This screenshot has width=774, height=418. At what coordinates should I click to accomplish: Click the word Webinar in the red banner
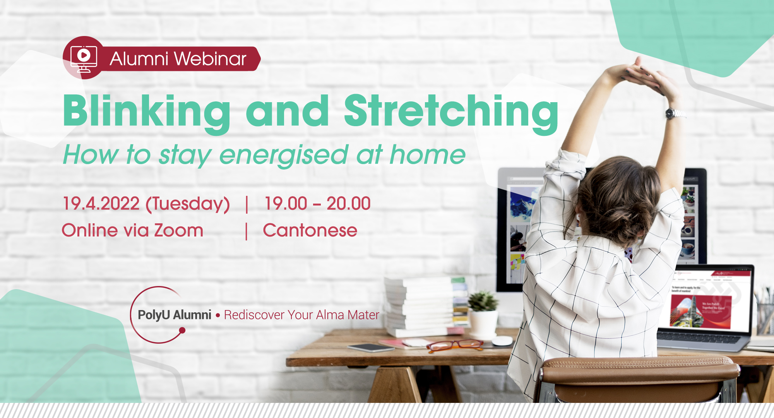tap(210, 59)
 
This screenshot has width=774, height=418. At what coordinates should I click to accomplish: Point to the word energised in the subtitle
tap(284, 155)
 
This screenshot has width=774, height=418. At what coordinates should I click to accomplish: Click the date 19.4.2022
tap(101, 204)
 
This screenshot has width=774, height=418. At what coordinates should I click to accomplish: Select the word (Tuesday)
tap(188, 204)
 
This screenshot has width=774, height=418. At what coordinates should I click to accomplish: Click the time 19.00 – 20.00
tap(317, 204)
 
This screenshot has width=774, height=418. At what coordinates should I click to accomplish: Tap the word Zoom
tap(179, 230)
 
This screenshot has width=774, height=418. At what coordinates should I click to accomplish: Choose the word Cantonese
tap(310, 230)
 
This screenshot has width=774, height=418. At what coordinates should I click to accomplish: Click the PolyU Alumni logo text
tap(174, 315)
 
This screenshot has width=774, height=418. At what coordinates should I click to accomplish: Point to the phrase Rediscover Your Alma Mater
tap(301, 315)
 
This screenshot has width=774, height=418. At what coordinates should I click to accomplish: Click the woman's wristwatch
tap(674, 113)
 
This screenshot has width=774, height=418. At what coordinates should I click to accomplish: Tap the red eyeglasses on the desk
tap(455, 345)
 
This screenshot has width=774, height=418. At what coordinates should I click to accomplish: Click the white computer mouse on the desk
tap(502, 341)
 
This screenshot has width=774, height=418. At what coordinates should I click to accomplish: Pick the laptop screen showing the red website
tap(710, 300)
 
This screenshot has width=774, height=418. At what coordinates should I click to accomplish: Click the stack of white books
tap(420, 306)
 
